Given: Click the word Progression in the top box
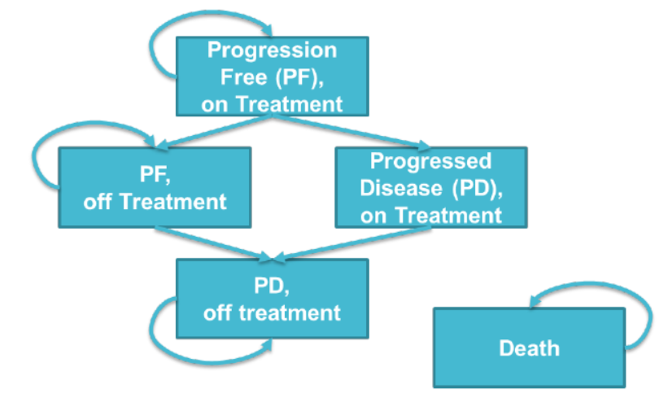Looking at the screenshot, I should click(272, 50).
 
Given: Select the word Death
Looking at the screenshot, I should click(529, 348).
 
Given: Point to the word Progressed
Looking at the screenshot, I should click(430, 161).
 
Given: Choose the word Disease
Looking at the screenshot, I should click(401, 188).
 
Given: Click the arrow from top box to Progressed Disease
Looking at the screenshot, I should click(349, 131).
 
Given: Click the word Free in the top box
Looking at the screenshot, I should click(243, 77).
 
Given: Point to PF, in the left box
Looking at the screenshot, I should click(155, 174).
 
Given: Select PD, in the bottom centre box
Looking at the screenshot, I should click(272, 286).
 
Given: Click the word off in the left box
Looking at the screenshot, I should click(97, 202).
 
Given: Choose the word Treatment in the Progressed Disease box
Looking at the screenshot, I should click(448, 215).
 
